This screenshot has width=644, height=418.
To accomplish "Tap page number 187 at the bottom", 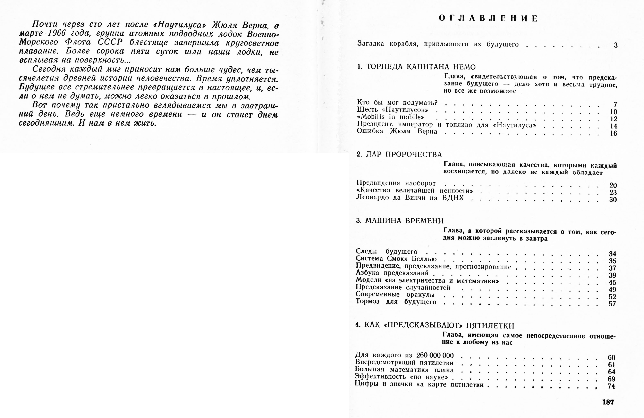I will tap(608, 402).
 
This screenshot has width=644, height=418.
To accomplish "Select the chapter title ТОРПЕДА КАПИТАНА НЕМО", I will tap(421, 67).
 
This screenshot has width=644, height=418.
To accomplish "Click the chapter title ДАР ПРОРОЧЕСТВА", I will tap(404, 154).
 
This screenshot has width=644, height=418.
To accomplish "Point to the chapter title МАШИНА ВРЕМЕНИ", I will tap(404, 221).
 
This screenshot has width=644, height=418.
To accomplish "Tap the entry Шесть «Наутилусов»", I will tap(393, 110).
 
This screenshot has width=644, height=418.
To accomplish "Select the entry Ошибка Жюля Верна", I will tap(397, 131).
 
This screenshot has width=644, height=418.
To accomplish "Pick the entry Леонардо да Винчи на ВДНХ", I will tap(410, 198).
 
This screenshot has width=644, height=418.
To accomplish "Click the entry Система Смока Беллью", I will tap(396, 259).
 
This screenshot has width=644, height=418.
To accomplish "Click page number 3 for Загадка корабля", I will tap(616, 45).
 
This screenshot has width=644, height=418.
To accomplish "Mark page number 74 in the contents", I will tap(611, 386).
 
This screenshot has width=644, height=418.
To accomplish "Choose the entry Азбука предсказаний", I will tap(392, 273).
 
